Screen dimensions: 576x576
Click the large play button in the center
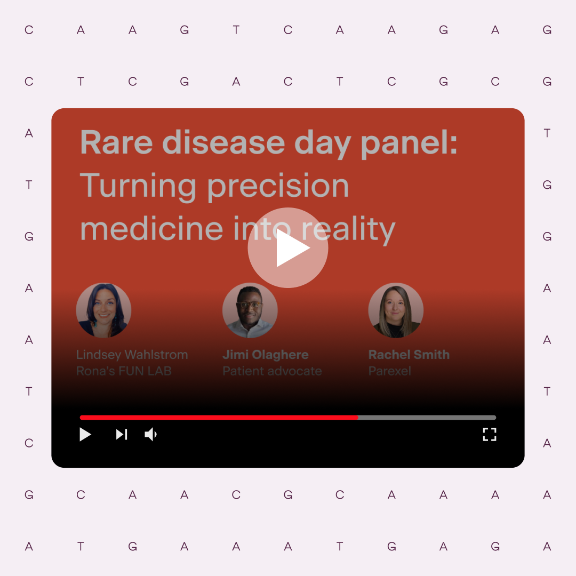288,247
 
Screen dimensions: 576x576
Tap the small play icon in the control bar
85,435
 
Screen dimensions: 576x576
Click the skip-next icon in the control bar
122,435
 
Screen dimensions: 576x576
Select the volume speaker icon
151,435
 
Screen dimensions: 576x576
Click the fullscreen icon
490,434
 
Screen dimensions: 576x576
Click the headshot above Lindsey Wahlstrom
103,310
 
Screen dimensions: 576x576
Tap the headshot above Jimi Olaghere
250,310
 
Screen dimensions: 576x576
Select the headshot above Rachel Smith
396,310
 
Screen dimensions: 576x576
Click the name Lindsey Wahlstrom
132,355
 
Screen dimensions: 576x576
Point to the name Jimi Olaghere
265,355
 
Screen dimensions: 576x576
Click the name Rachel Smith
409,355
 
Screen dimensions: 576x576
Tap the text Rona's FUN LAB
124,371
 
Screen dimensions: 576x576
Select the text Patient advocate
272,371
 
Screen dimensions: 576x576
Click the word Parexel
389,371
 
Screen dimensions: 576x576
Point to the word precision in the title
278,187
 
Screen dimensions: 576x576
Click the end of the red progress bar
357,418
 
